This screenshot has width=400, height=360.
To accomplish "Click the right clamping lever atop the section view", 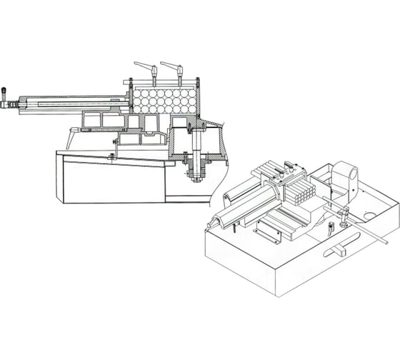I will click(x=171, y=66).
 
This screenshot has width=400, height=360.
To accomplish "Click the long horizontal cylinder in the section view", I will click(x=71, y=102).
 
